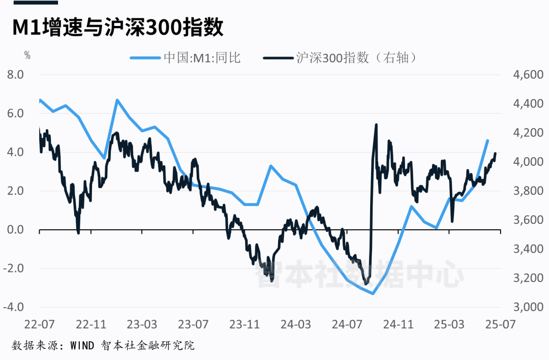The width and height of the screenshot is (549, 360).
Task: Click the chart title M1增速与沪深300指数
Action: coord(117,28)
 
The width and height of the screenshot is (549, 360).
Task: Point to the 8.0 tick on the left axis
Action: coord(14,75)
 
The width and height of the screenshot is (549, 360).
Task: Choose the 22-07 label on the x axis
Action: coord(39,324)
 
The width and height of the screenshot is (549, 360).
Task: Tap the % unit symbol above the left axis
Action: coord(27,56)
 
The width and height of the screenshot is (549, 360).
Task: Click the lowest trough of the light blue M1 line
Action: coord(373,293)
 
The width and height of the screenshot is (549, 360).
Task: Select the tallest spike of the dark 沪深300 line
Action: coord(376,125)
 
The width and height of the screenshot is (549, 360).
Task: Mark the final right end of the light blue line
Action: coord(487,140)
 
